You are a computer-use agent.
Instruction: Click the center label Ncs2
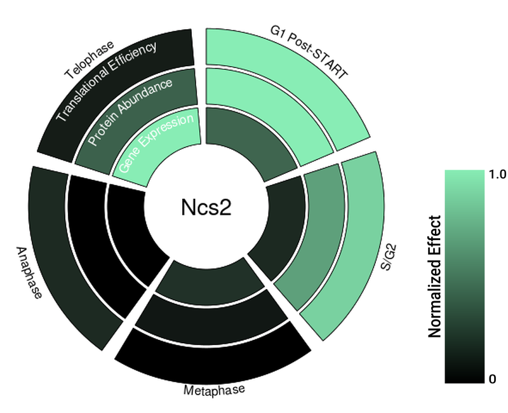(203, 208)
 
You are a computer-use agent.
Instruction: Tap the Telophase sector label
(90, 61)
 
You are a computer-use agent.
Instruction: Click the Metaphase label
(213, 389)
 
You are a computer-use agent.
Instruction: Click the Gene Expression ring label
(156, 144)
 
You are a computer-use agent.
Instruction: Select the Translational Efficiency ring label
(106, 81)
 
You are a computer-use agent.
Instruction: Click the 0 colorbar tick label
(493, 379)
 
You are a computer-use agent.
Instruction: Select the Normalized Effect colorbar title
(435, 276)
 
